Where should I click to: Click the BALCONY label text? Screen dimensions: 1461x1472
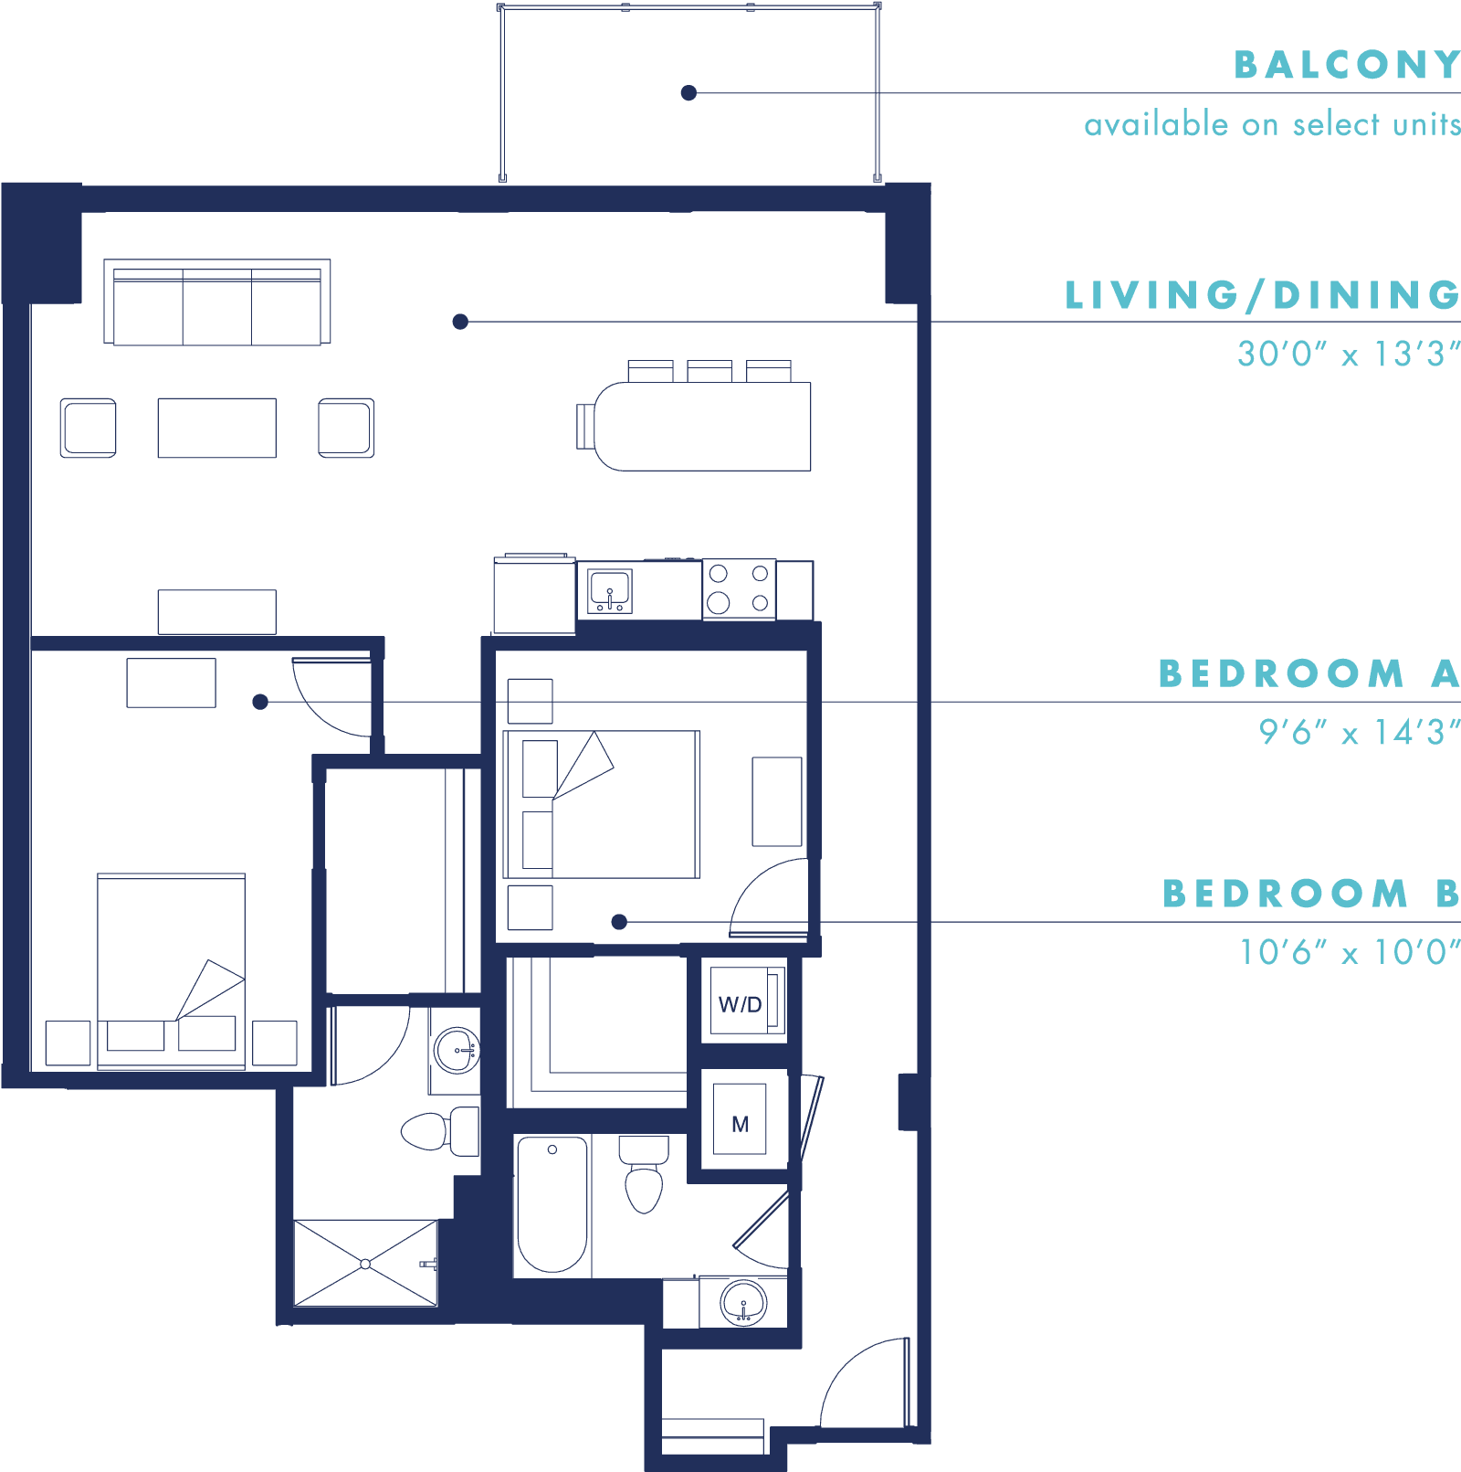pyautogui.click(x=1347, y=65)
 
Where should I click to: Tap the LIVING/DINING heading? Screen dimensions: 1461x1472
pyautogui.click(x=1263, y=295)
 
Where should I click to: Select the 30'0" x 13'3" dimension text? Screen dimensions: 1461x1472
pyautogui.click(x=1349, y=354)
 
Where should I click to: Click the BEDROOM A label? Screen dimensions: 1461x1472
pyautogui.click(x=1309, y=673)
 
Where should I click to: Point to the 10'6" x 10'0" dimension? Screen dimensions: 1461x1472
pyautogui.click(x=1350, y=952)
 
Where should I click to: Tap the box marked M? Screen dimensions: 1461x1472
pyautogui.click(x=740, y=1119)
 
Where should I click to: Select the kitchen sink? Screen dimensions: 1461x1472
pyautogui.click(x=610, y=590)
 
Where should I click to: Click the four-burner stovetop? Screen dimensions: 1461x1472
pyautogui.click(x=739, y=589)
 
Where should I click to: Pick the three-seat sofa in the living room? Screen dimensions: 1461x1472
pyautogui.click(x=217, y=302)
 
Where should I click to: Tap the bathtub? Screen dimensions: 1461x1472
pyautogui.click(x=552, y=1204)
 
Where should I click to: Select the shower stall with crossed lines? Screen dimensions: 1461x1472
pyautogui.click(x=365, y=1264)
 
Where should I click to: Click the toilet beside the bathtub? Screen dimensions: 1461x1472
pyautogui.click(x=644, y=1174)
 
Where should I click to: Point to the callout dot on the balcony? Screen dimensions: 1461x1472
pyautogui.click(x=689, y=92)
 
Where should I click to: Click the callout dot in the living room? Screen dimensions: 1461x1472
pyautogui.click(x=461, y=322)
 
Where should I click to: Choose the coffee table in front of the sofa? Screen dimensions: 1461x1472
pyautogui.click(x=217, y=428)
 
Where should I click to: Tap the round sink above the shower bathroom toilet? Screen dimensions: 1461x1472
pyautogui.click(x=457, y=1051)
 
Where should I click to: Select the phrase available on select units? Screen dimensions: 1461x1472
pyautogui.click(x=1273, y=124)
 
